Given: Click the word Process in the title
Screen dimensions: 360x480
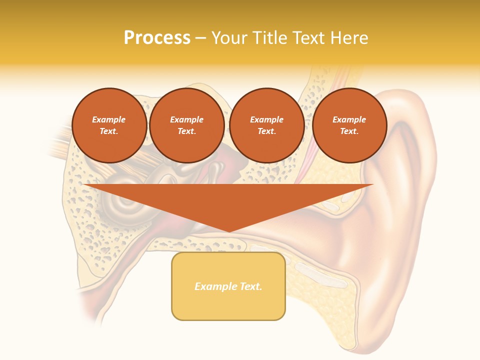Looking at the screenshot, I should pyautogui.click(x=157, y=38).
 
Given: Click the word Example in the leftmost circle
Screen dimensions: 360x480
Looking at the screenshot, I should pyautogui.click(x=109, y=119).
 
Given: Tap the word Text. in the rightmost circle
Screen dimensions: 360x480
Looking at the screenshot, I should pyautogui.click(x=349, y=131).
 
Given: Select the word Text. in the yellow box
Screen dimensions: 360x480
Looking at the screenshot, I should pyautogui.click(x=250, y=286).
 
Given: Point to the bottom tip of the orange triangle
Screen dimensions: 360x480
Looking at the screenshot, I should pyautogui.click(x=228, y=231).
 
